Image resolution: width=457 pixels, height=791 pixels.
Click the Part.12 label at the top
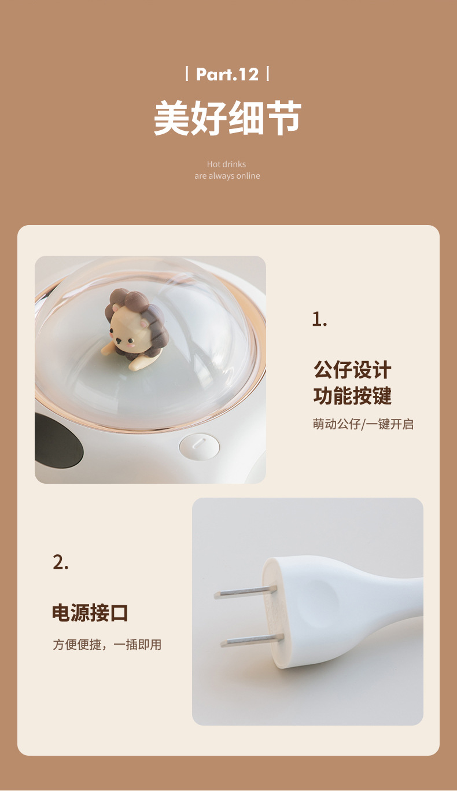(227, 75)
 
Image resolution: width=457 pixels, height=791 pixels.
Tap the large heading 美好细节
(227, 118)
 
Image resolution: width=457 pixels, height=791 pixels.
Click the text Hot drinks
(226, 164)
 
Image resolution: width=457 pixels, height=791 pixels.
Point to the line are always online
(227, 176)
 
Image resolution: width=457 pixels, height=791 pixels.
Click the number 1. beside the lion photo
(319, 319)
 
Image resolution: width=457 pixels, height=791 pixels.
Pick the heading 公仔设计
(352, 370)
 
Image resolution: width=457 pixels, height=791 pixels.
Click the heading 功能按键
(352, 396)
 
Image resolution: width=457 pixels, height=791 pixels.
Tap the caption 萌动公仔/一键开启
(363, 424)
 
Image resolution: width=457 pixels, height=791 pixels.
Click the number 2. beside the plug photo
(61, 562)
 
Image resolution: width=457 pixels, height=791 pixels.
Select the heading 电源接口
(90, 613)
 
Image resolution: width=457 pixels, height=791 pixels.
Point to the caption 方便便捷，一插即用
(107, 644)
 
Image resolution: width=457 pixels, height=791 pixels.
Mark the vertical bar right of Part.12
(267, 74)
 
